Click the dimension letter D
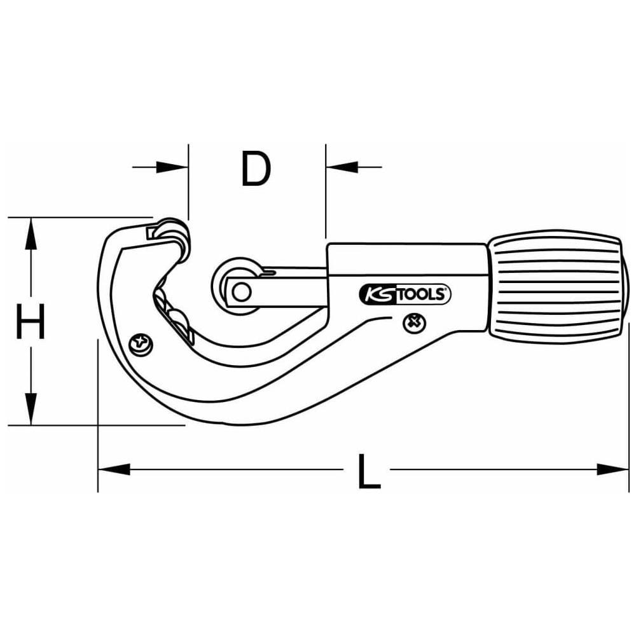click(256, 169)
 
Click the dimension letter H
click(30, 322)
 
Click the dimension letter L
click(368, 471)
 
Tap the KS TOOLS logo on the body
click(405, 294)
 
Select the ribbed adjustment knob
click(559, 287)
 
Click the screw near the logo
click(415, 323)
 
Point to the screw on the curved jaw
click(141, 345)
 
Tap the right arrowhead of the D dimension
click(342, 167)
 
